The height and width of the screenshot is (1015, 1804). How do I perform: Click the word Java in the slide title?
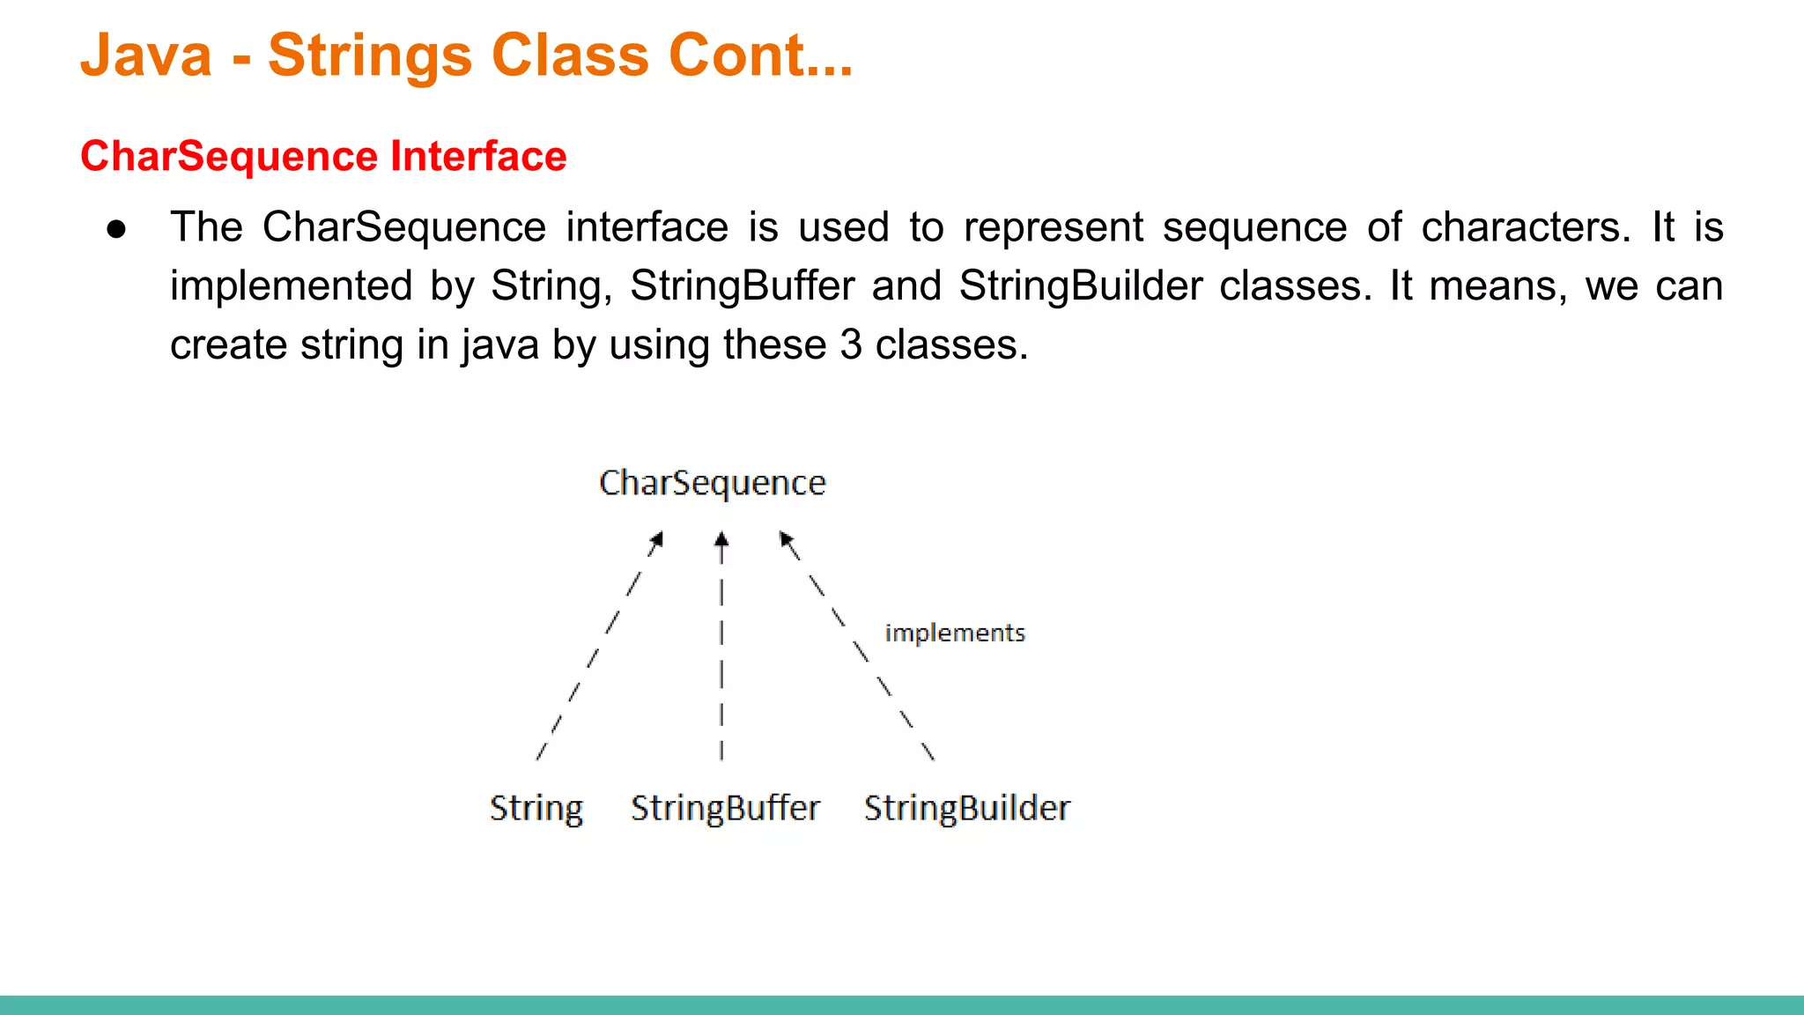pos(146,56)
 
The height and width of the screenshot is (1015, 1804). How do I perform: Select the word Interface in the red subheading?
pos(478,157)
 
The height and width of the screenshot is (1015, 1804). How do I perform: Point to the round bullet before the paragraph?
pos(116,230)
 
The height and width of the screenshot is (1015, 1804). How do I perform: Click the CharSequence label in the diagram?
pos(712,484)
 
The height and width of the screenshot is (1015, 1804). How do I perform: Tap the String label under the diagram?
pos(536,808)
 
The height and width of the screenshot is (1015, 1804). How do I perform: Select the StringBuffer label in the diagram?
pos(725,808)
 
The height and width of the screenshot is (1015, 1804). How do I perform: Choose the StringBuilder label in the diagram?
pos(966,808)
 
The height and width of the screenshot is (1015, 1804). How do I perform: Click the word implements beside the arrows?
pos(955,633)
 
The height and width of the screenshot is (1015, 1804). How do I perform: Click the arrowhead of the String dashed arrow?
pos(657,538)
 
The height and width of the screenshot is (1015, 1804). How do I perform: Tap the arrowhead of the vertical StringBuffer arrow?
pos(721,538)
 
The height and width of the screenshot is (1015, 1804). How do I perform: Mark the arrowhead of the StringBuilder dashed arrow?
pos(786,538)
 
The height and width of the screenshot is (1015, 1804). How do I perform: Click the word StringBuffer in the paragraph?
pos(742,286)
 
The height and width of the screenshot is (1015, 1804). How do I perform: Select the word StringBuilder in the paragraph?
pos(1081,286)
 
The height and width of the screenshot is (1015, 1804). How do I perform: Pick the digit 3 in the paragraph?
pos(850,345)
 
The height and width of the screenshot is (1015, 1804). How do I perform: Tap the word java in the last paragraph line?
pos(499,345)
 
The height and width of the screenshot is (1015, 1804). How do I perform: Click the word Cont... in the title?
pos(760,56)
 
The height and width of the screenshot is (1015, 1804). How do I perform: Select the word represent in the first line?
pos(1053,227)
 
